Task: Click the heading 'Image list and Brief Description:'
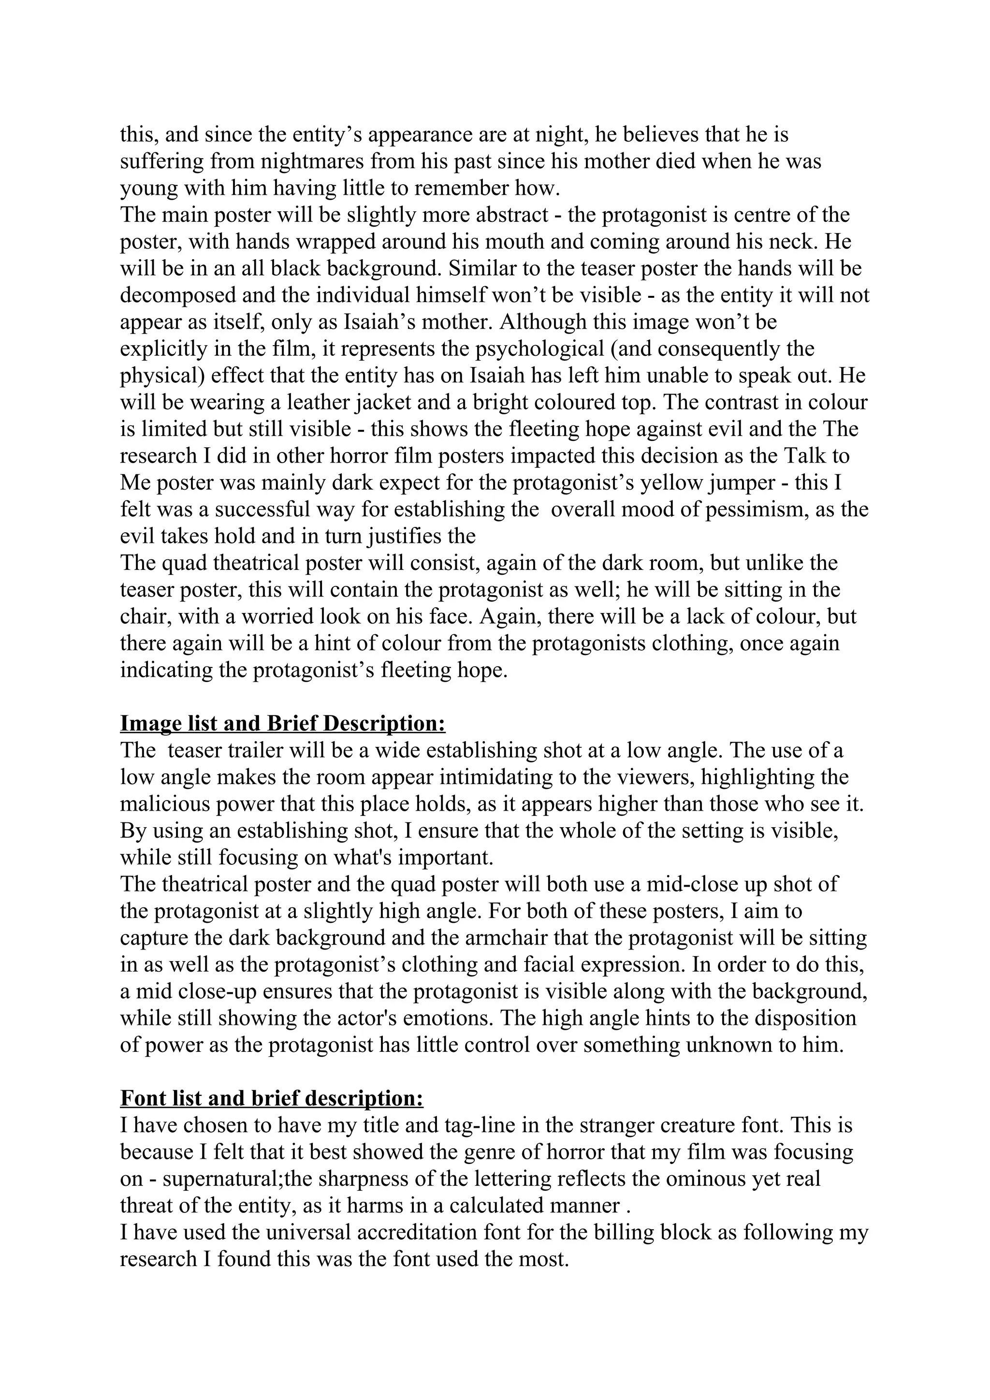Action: (283, 724)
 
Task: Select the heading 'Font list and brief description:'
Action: (271, 1099)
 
